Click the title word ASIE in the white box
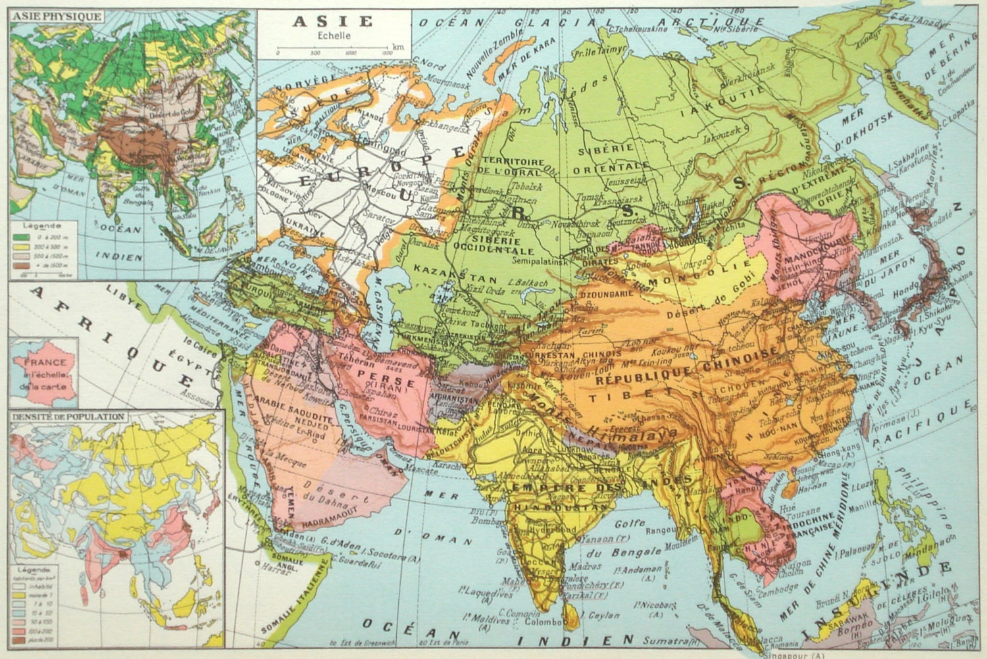(x=332, y=21)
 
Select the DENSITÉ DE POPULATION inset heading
(x=67, y=417)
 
